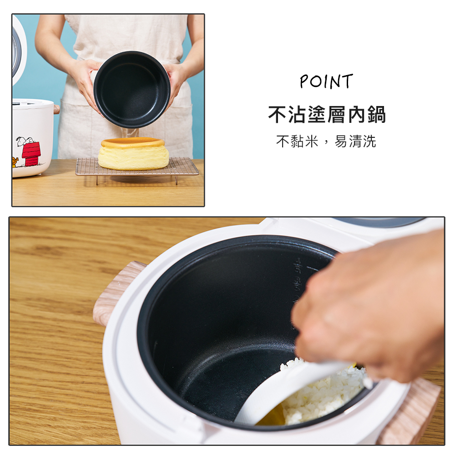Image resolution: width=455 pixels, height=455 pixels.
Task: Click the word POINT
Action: (x=326, y=81)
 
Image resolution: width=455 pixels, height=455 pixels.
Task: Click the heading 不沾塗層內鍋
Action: (x=327, y=115)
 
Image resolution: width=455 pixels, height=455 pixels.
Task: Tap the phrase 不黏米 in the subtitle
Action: (x=297, y=142)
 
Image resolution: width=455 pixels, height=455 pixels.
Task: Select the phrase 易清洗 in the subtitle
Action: (x=355, y=142)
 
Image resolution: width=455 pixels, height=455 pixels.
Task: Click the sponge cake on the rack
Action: (x=133, y=153)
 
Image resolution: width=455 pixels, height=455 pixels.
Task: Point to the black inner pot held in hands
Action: (x=132, y=90)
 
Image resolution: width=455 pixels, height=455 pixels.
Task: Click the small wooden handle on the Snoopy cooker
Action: (x=56, y=109)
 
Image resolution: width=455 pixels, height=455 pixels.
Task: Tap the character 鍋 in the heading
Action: (x=376, y=115)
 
